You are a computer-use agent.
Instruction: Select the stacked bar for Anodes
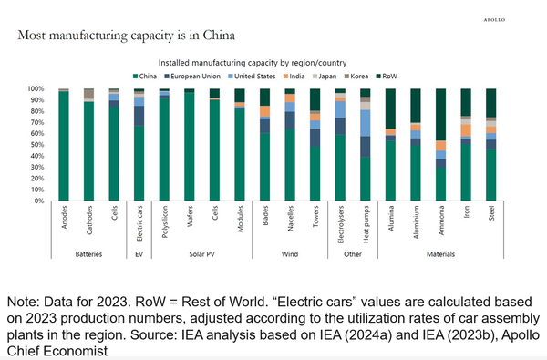64,145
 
